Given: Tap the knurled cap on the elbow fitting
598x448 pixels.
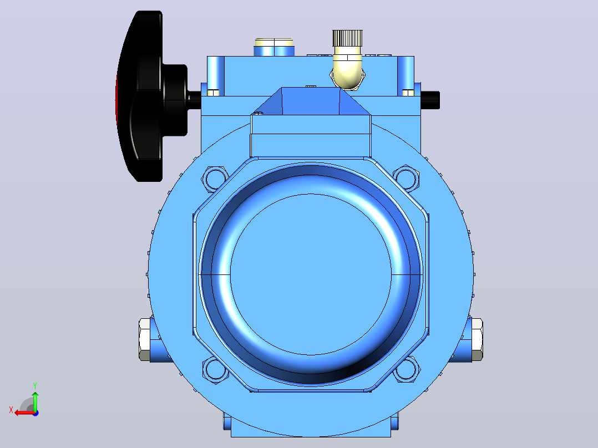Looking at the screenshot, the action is [x=347, y=38].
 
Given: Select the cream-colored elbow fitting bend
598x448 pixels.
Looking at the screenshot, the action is [x=347, y=70].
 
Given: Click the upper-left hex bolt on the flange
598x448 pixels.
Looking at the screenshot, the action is [x=215, y=179].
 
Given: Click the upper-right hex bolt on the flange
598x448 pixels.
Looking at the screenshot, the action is [x=406, y=178].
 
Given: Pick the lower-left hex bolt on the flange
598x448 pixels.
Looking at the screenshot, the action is [x=215, y=370].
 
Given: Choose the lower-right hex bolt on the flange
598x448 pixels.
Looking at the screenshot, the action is [x=407, y=369].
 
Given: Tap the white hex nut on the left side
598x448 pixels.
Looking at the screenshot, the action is [x=145, y=339].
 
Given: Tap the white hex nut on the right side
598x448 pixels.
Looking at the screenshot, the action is [x=477, y=339].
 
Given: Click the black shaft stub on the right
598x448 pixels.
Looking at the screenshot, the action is [x=430, y=100].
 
